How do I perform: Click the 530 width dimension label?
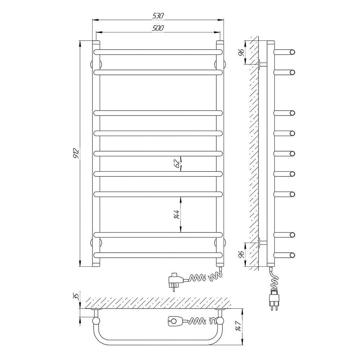point(158,15)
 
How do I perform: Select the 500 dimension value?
point(158,28)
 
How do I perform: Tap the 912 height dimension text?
point(76,153)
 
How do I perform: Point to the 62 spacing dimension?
point(177,164)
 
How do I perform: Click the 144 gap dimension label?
point(177,214)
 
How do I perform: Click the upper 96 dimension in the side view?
point(241,53)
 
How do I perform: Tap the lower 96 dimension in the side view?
point(241,255)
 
